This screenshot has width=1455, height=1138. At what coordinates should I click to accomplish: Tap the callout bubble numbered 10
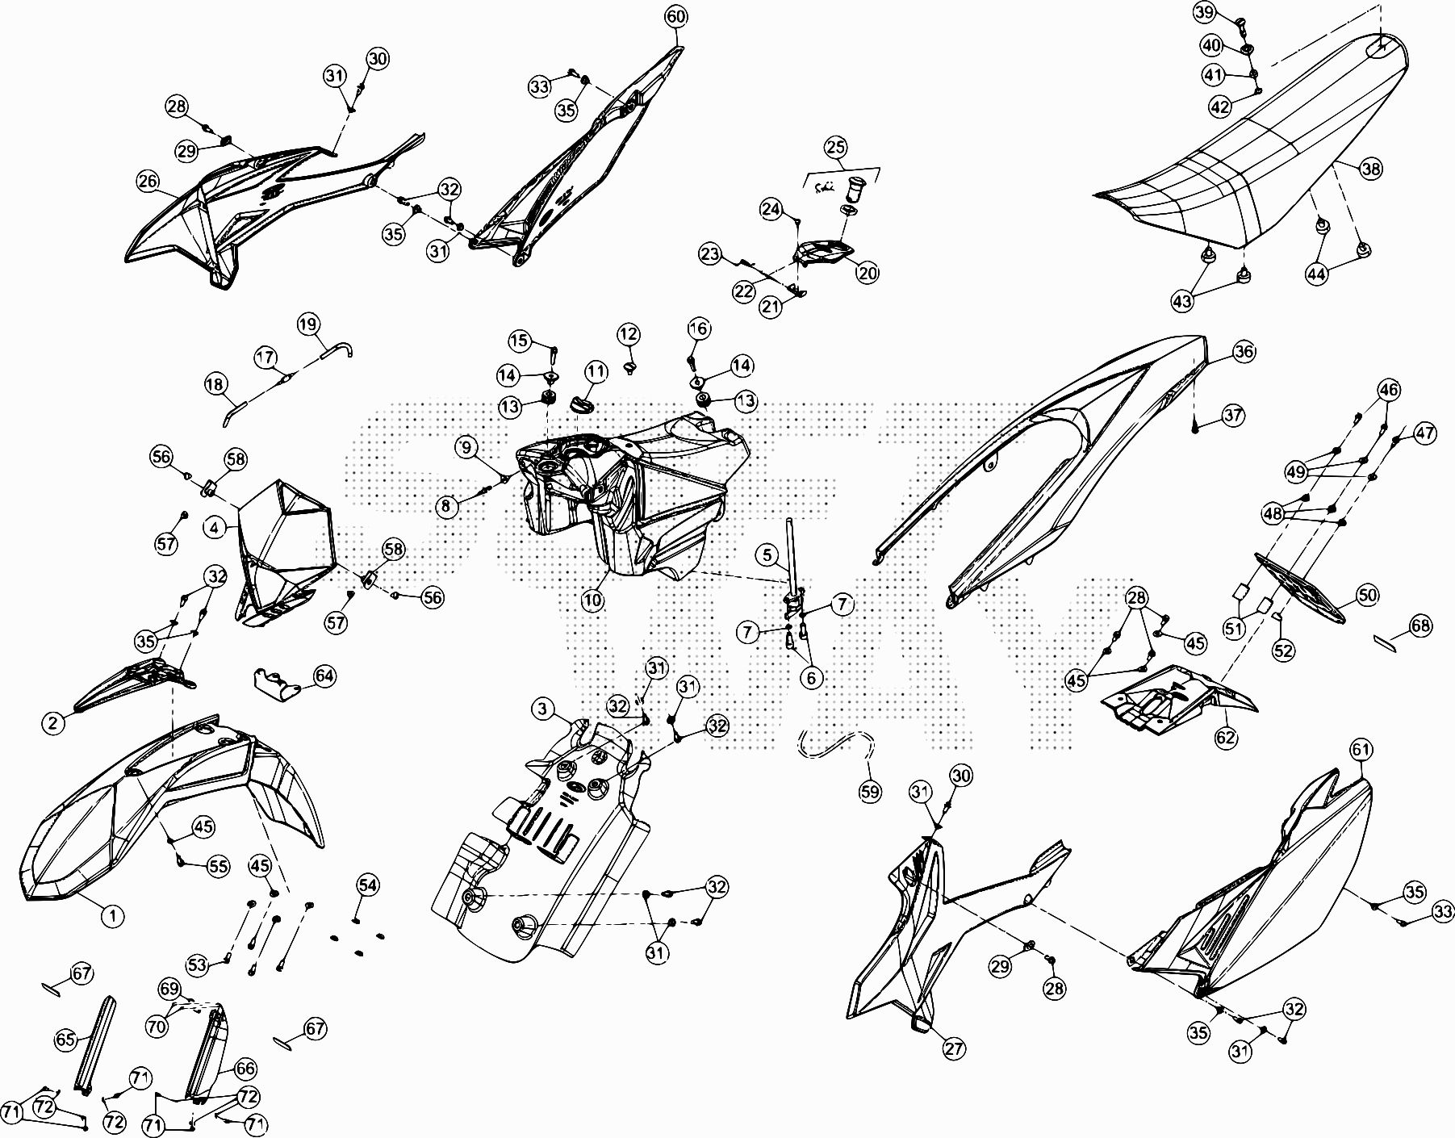[x=593, y=601]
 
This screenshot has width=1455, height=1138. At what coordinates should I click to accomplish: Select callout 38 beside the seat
[x=1370, y=168]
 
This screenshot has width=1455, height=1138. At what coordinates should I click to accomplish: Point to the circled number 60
[x=676, y=16]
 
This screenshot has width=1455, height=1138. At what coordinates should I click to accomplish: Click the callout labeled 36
[x=1244, y=351]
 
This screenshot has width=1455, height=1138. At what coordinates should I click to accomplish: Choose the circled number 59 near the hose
[x=870, y=792]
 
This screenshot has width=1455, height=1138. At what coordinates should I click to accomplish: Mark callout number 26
[x=148, y=181]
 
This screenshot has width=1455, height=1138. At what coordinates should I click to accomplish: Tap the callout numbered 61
[x=1361, y=750]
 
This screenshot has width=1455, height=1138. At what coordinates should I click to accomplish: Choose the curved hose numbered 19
[x=337, y=347]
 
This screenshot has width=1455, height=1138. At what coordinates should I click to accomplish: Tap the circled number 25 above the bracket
[x=835, y=147]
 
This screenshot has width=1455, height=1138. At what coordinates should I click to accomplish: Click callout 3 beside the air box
[x=543, y=709]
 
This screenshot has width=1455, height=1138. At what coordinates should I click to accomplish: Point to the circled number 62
[x=1226, y=736]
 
